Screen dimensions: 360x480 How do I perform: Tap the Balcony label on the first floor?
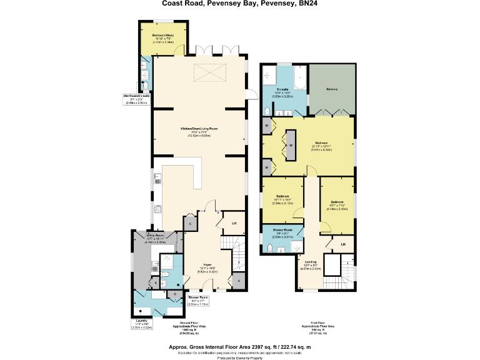[332, 89]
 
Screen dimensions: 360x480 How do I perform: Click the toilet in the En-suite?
[267, 111]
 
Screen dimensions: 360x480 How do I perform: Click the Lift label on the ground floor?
[234, 222]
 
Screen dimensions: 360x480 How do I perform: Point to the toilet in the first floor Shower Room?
[269, 248]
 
